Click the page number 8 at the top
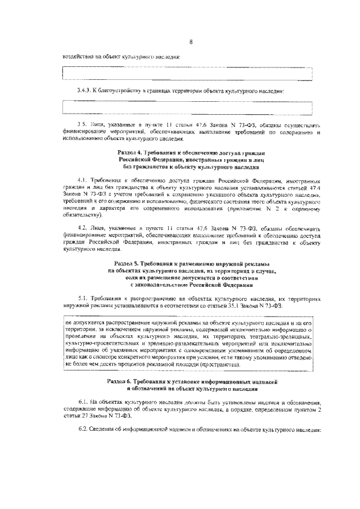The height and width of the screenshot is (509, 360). tap(191, 42)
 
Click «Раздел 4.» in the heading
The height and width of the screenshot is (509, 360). tap(130, 154)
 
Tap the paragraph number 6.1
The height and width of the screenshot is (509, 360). tap(83, 403)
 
